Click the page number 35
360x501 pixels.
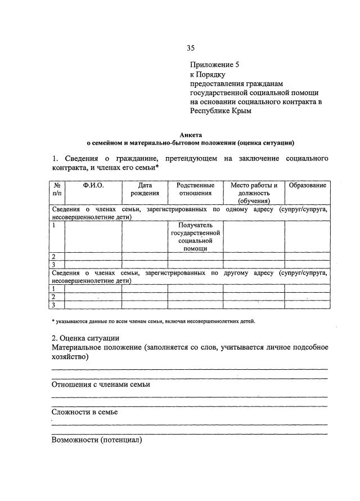pos(191,48)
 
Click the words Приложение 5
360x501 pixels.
pos(214,65)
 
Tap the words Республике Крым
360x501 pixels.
pos(220,111)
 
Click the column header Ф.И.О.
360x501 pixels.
pos(93,185)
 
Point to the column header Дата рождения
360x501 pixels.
pos(145,189)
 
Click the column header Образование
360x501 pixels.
pos(307,185)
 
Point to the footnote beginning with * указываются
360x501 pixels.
pos(152,321)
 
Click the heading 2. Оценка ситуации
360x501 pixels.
pos(85,338)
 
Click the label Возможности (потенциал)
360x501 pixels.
pos(97,439)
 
